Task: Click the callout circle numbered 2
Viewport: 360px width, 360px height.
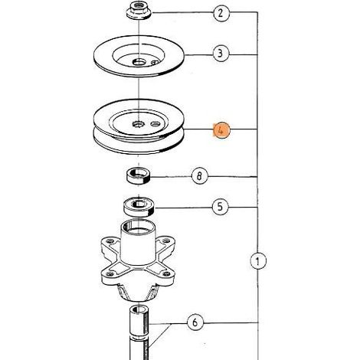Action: [221, 13]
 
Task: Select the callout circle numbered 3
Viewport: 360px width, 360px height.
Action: [221, 54]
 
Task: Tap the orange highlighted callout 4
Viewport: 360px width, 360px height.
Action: [221, 130]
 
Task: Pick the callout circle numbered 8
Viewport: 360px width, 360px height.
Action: [200, 175]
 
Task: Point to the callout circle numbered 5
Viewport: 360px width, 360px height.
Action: [221, 207]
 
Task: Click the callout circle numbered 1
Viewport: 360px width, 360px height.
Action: [258, 261]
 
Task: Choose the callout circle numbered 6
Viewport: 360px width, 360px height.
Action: [195, 322]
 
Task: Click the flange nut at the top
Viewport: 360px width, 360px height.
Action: [139, 10]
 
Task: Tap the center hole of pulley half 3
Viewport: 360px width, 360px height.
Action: [139, 62]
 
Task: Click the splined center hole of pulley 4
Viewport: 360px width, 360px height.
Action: [139, 124]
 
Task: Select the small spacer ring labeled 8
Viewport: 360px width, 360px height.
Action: [138, 175]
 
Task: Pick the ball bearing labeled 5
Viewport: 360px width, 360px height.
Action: [139, 207]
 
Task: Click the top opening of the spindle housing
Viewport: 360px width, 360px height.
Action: [138, 227]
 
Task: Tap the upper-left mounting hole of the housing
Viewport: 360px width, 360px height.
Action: [110, 241]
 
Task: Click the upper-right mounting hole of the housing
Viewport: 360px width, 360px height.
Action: [166, 241]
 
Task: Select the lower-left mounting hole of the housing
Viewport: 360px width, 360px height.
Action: [110, 274]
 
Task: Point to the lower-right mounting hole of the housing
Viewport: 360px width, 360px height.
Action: [166, 274]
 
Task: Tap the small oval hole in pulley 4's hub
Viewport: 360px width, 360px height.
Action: [155, 124]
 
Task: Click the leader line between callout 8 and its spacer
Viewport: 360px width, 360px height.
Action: [171, 177]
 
